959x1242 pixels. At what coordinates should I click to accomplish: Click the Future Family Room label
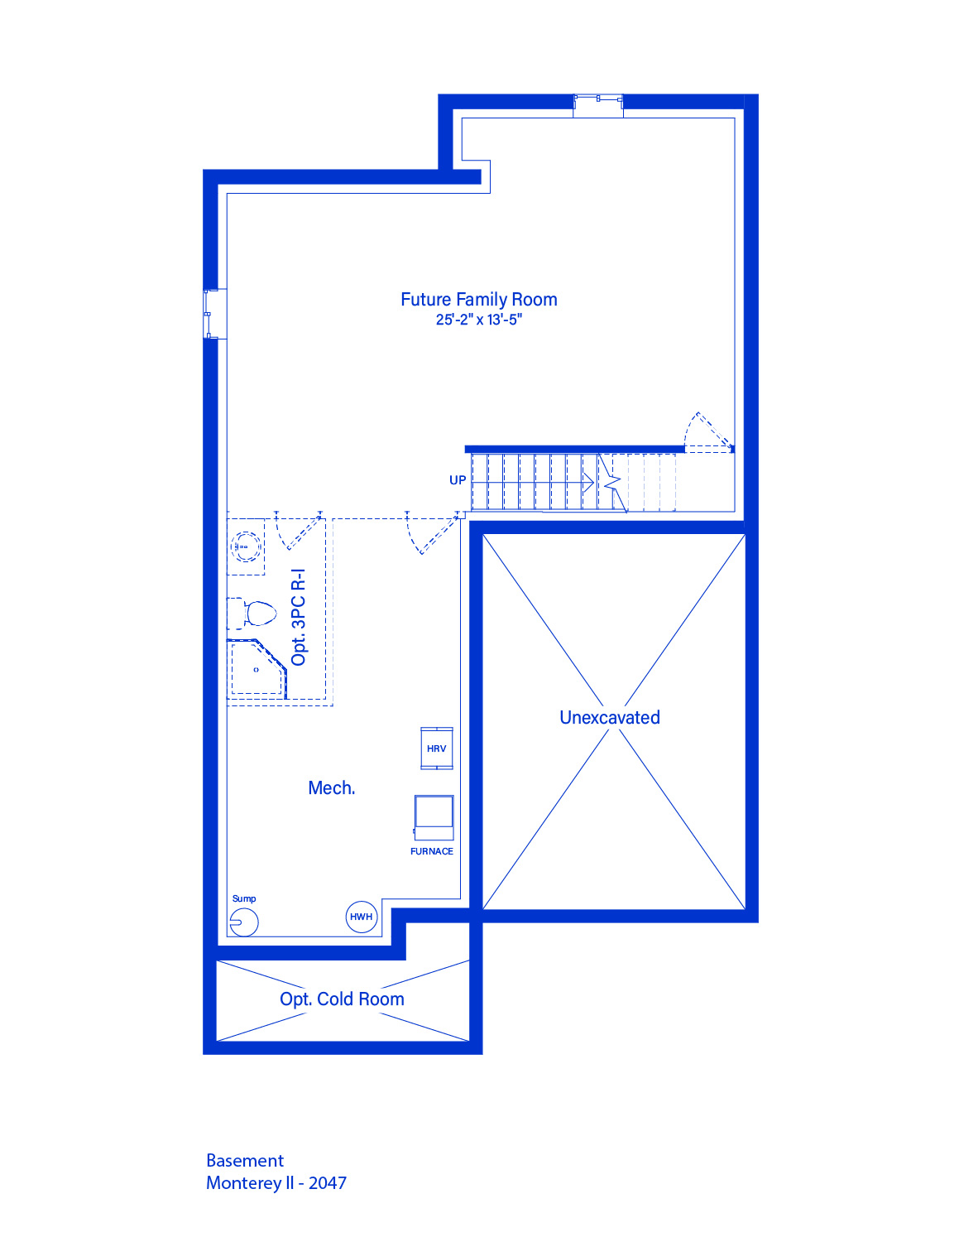click(478, 300)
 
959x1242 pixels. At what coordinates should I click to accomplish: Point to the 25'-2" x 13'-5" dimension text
click(478, 320)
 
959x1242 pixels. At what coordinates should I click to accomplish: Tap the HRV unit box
click(436, 749)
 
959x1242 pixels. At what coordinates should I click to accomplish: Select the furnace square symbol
click(434, 817)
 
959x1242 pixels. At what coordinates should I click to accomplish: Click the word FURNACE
click(432, 851)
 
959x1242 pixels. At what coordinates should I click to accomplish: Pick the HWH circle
click(362, 917)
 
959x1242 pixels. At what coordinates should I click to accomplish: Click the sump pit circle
click(244, 922)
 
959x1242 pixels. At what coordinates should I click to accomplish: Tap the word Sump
click(244, 898)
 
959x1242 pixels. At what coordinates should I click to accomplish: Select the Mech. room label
click(331, 788)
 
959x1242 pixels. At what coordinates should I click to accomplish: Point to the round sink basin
click(247, 547)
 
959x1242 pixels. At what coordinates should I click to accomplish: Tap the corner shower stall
click(257, 669)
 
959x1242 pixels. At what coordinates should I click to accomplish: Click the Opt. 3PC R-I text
click(299, 618)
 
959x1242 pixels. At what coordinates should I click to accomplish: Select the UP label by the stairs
click(458, 480)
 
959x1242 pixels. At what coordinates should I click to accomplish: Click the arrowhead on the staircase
click(588, 483)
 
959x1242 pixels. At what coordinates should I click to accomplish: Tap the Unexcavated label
click(610, 717)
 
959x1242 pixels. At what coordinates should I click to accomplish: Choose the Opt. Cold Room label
click(342, 999)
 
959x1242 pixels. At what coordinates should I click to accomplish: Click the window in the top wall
click(598, 106)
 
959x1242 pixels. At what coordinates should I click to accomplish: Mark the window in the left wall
click(215, 314)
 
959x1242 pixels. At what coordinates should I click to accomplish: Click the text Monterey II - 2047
click(276, 1182)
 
